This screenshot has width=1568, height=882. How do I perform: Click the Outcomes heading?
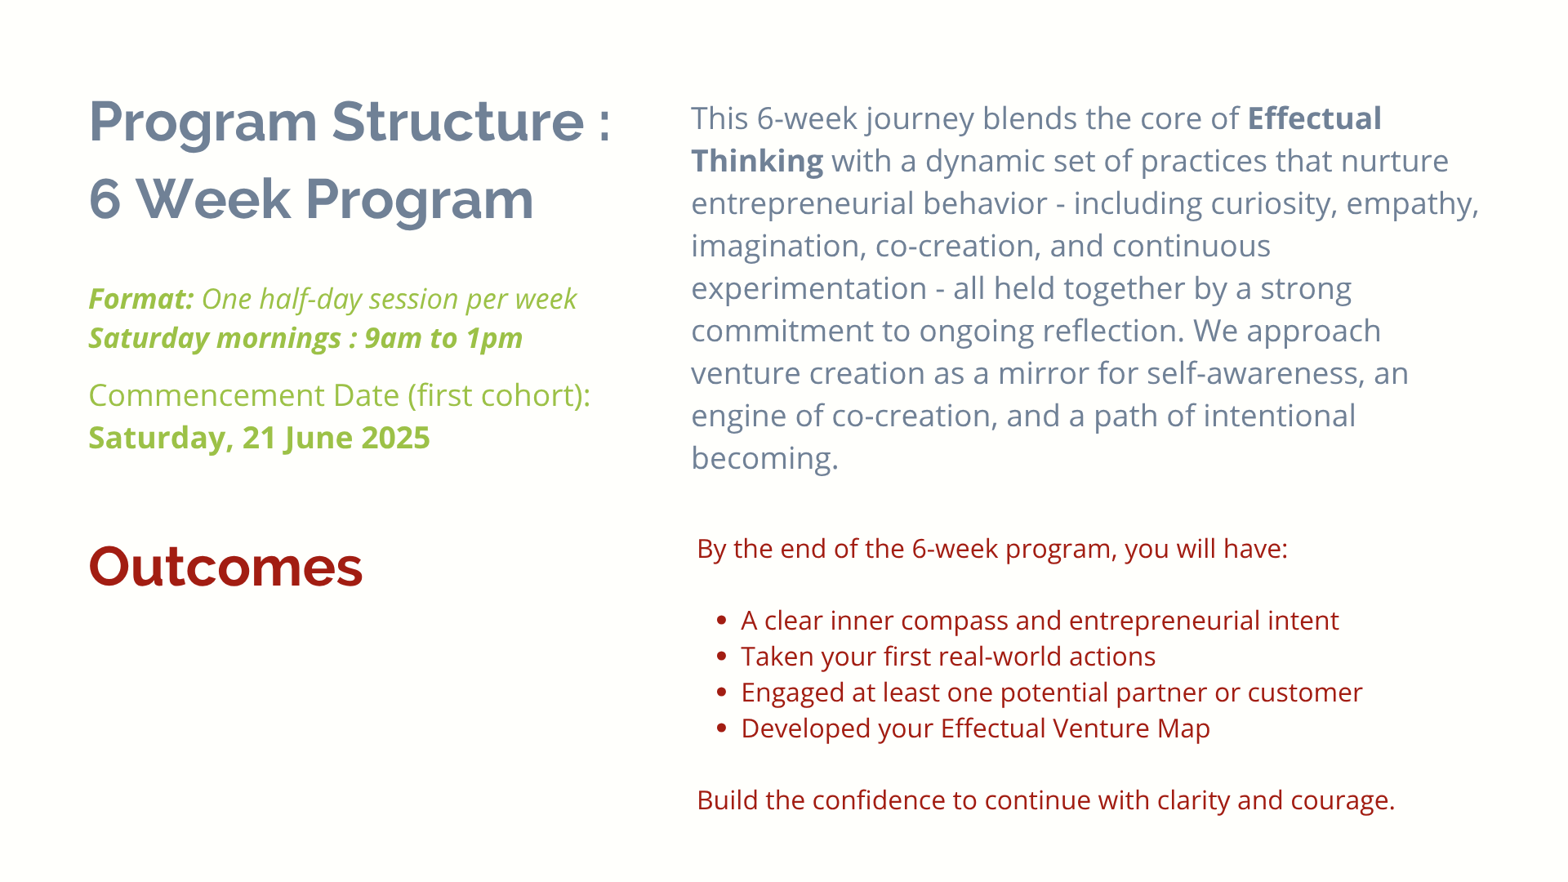click(x=225, y=566)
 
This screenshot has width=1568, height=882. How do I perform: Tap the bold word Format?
click(x=141, y=299)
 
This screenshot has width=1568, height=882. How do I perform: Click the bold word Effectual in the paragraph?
click(x=1314, y=118)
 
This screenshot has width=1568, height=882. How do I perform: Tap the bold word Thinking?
click(x=757, y=162)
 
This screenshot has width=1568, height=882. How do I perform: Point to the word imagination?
click(x=778, y=247)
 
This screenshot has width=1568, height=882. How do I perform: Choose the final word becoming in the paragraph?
click(x=764, y=459)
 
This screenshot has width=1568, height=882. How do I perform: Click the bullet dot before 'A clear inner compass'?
click(x=721, y=620)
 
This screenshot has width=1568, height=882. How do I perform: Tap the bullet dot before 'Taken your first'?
click(x=721, y=656)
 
